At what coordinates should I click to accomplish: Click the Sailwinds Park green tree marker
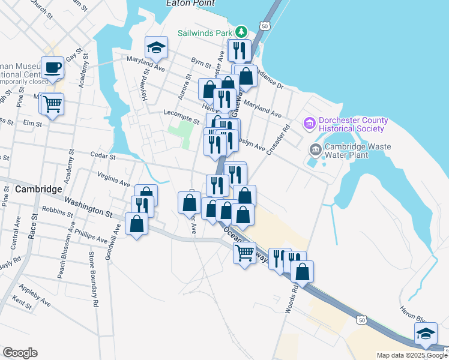tap(241, 31)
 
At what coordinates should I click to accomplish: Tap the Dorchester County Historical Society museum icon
tap(310, 124)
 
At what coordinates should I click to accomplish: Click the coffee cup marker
tap(52, 68)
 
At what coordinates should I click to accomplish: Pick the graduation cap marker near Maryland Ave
tap(156, 47)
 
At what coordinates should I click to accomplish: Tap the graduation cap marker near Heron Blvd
tap(426, 334)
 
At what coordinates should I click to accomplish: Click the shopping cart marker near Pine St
tap(52, 104)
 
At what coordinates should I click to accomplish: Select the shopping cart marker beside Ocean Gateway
tap(244, 253)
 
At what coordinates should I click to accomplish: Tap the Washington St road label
tap(88, 207)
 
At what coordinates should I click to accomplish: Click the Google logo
tap(20, 353)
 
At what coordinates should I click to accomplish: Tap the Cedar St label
tap(103, 156)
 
